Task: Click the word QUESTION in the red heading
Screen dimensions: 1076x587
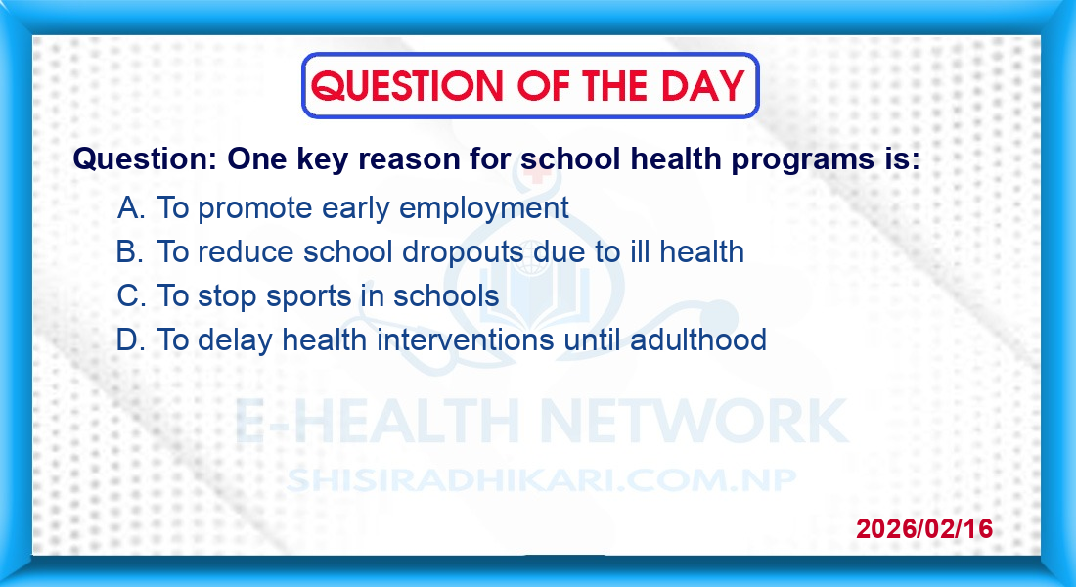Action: click(407, 86)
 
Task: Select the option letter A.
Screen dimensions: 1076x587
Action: click(130, 207)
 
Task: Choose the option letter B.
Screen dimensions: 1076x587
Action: click(130, 252)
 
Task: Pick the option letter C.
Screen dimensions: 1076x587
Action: click(131, 295)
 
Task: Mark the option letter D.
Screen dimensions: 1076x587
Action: click(130, 339)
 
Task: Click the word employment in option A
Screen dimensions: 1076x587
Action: click(484, 208)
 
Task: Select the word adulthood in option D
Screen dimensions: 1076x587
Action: click(697, 339)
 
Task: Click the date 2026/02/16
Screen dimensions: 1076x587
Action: click(924, 528)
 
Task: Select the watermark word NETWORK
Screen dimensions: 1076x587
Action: click(694, 421)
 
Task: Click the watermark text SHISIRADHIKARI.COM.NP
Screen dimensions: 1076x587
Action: click(542, 480)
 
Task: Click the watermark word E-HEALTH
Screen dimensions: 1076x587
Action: click(377, 421)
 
